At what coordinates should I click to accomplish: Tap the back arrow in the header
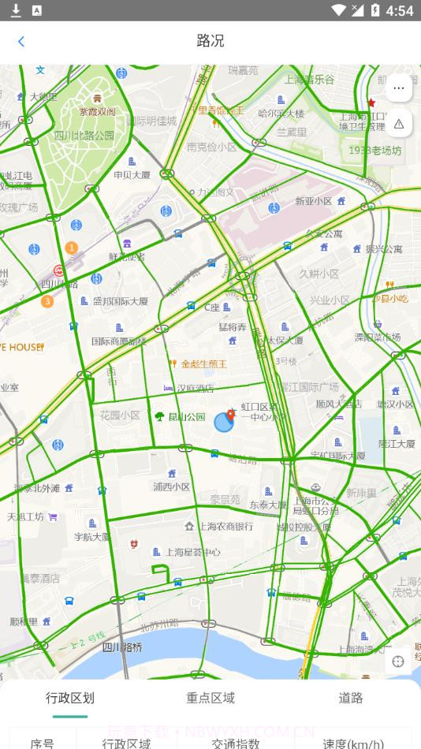coord(21,42)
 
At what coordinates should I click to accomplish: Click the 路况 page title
coord(210,41)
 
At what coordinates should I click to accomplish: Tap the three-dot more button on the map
coord(398,88)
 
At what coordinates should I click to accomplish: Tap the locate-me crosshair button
coord(398,661)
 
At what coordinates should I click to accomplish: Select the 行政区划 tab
coord(70,698)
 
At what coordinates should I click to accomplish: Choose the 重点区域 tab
coord(210,698)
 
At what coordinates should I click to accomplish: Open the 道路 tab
coord(351,698)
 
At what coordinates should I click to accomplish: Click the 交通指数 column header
coord(236,743)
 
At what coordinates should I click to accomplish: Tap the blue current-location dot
coord(224,422)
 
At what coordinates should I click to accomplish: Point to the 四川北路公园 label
coord(84,135)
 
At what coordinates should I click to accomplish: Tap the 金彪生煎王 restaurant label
coord(203,363)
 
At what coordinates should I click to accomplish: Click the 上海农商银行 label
coord(225,526)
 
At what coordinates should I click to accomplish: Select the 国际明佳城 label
coord(151,121)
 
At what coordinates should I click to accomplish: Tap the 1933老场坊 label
coord(375,150)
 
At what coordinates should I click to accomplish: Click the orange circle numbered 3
coord(47,301)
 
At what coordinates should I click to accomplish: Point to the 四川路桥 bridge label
coord(122,647)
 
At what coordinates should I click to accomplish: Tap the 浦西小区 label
coord(172,486)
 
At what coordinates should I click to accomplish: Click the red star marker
coord(371,103)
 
